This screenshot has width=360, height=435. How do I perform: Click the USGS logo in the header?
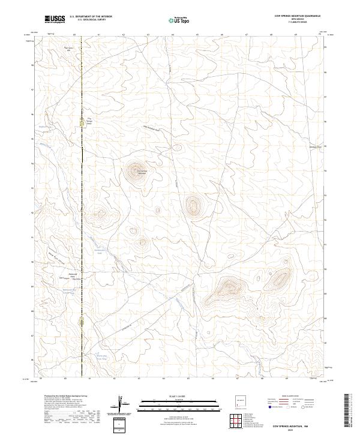(55, 20)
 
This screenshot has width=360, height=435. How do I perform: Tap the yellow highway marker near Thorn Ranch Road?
(82, 123)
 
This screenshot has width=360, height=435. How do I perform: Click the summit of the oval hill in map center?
(193, 205)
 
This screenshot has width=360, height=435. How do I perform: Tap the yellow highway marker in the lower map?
(82, 322)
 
